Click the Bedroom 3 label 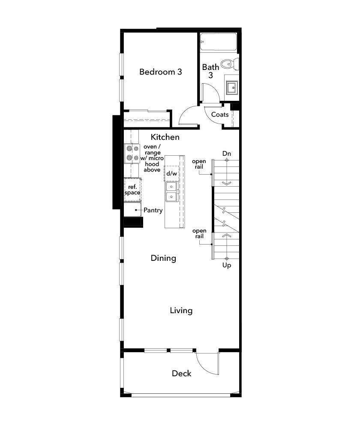pos(160,72)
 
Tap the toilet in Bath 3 pos(232,64)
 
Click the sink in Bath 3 pos(232,88)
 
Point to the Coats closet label pos(220,115)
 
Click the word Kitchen pos(165,137)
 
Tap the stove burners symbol pos(132,153)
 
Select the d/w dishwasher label pos(171,173)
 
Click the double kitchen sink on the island pos(171,191)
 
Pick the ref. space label pos(132,190)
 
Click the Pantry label pos(153,210)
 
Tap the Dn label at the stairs pos(227,153)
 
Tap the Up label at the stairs pos(227,266)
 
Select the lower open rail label pos(199,234)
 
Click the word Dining pos(163,258)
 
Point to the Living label pos(181,310)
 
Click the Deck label pos(182,373)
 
